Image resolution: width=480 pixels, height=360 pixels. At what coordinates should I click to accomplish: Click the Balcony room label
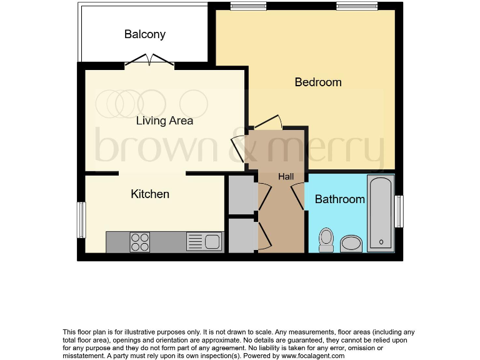coord(144,34)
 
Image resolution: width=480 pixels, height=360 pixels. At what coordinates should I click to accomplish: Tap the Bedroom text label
coord(318,82)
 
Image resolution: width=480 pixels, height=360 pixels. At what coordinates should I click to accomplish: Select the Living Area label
coord(164,121)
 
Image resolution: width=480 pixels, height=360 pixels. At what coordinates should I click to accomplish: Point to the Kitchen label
coord(150,194)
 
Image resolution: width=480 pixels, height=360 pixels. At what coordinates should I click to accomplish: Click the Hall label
coord(286,177)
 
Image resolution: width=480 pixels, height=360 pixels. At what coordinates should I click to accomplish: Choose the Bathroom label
coord(339,199)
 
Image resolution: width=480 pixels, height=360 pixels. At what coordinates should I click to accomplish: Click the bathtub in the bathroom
coord(380,214)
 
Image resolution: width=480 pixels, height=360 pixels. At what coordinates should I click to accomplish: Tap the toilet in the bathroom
coord(326,240)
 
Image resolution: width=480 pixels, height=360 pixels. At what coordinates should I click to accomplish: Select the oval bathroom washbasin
coord(351,243)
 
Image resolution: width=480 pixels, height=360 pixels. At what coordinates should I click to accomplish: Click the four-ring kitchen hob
coord(139,241)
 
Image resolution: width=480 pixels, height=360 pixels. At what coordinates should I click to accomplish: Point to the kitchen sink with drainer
coord(204,241)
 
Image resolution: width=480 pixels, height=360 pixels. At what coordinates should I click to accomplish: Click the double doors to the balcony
coord(149,61)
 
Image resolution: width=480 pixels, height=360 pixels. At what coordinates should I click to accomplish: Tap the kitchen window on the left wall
coord(80,219)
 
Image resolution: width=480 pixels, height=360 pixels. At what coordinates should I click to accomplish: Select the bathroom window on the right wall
coord(399,211)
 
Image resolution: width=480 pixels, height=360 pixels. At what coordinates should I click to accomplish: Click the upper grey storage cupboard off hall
coord(241,195)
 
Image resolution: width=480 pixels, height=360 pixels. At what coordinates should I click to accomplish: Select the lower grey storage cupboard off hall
coord(241,234)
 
